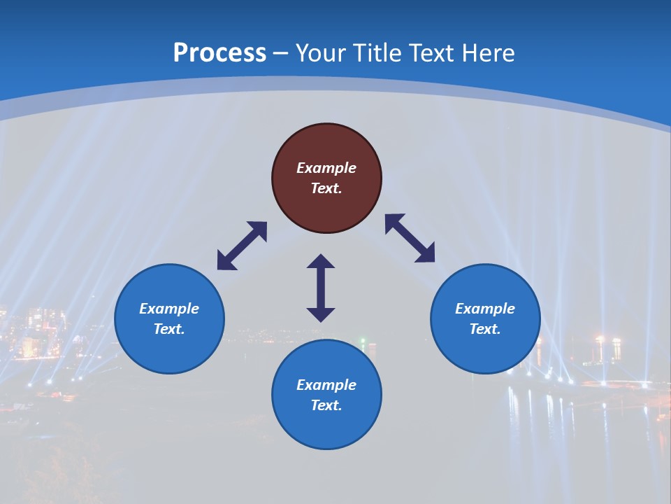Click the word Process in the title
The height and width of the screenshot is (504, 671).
pos(219,53)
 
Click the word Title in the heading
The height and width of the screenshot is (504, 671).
pos(378,53)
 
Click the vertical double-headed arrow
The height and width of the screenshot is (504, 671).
pos(321,288)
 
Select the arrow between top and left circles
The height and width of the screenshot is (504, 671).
pos(242,246)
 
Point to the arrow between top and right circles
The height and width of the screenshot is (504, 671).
pos(410,238)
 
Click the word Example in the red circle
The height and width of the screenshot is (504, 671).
pos(326,168)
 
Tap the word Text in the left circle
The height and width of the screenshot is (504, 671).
pos(169,329)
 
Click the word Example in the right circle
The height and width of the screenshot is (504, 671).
pos(485,309)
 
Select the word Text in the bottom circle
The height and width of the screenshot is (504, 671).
pos(326,405)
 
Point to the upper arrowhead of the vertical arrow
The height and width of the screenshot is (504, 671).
pos(321,262)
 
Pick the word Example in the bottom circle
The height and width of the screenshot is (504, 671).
pos(326,385)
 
